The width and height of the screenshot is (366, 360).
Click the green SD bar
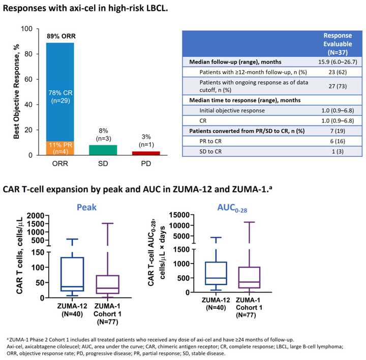click(x=103, y=150)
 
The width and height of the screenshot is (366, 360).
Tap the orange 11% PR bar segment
click(x=60, y=148)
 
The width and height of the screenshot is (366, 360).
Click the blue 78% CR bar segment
click(x=60, y=91)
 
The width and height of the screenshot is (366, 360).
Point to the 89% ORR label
click(x=59, y=36)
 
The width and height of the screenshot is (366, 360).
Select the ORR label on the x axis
click(x=60, y=164)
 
